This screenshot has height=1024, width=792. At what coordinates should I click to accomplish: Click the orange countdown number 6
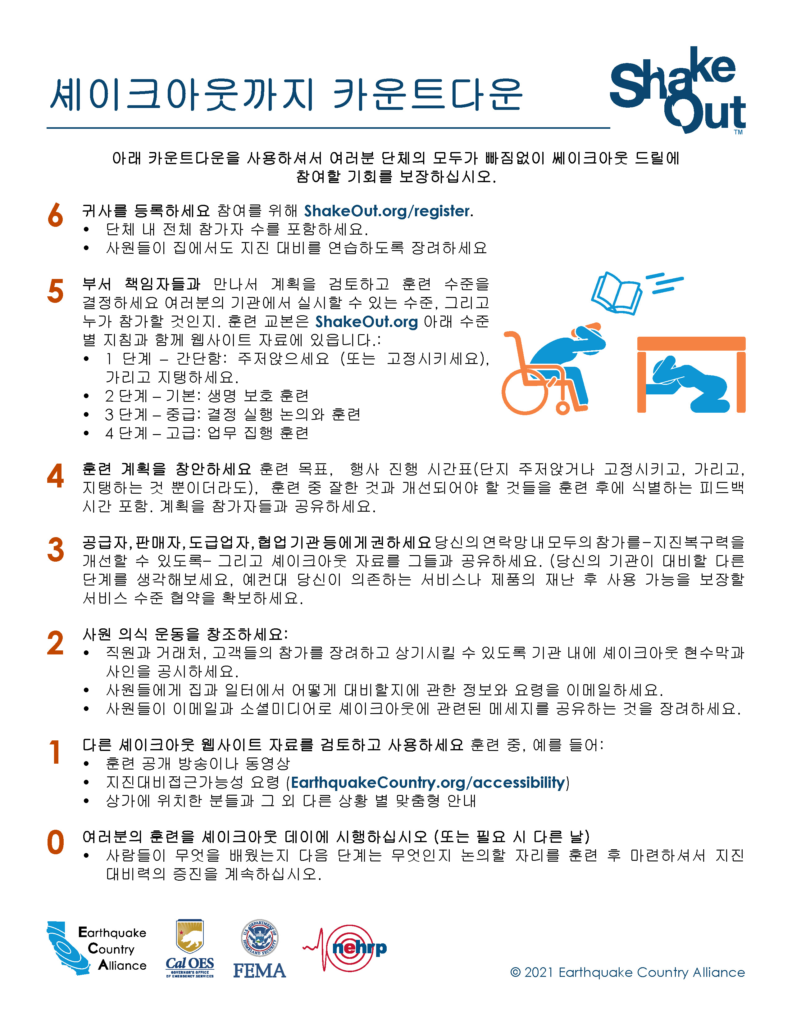[x=55, y=215]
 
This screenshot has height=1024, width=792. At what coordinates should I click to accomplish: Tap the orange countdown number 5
[x=55, y=291]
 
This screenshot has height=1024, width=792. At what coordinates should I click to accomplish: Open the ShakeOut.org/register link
[x=387, y=211]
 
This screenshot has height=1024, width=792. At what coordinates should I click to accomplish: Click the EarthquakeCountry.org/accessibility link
[x=427, y=783]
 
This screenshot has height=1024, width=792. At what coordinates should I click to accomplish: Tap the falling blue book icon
[x=616, y=293]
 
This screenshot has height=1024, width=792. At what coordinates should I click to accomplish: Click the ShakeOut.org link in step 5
[x=366, y=322]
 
